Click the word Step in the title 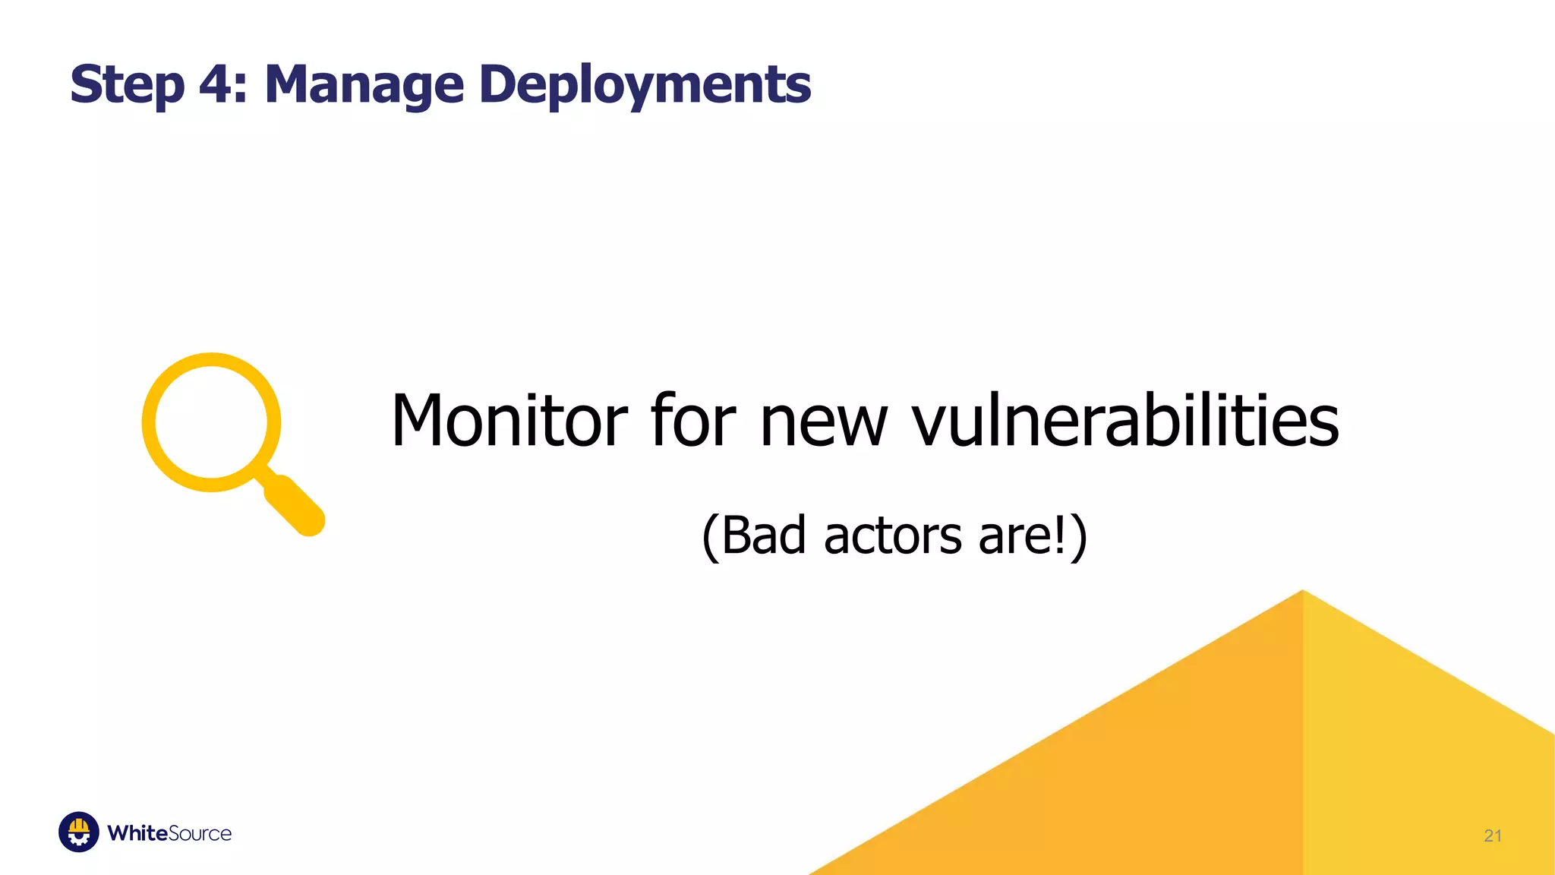(x=127, y=85)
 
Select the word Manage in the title (x=364, y=85)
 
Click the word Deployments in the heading (x=645, y=85)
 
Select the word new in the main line (x=823, y=422)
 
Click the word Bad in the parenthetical (x=762, y=535)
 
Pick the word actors (x=893, y=535)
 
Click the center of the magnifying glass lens (x=211, y=422)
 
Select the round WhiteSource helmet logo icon (x=79, y=832)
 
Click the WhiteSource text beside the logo (x=169, y=833)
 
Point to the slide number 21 (x=1492, y=836)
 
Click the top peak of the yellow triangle (x=1303, y=595)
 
